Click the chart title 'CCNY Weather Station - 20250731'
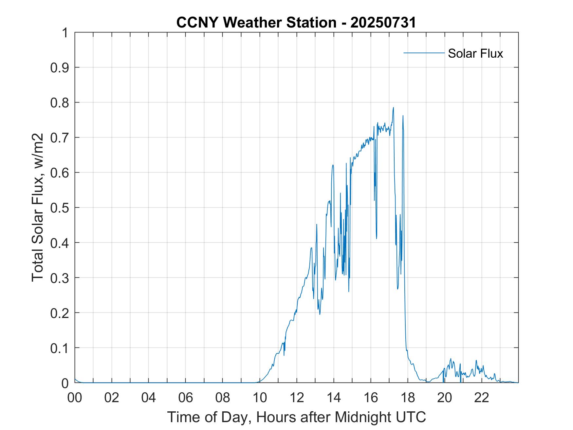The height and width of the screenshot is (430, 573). tap(296, 22)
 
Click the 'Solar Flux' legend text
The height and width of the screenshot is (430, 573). tap(475, 53)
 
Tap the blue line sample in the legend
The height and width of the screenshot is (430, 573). tap(424, 53)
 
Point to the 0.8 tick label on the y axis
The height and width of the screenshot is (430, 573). tap(60, 103)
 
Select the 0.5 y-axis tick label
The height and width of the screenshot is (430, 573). tap(60, 208)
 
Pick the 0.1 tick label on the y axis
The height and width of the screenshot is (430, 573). tap(60, 348)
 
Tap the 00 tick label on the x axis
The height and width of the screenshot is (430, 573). tap(75, 398)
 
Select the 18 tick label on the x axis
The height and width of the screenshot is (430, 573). tap(408, 398)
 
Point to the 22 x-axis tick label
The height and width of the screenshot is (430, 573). tap(482, 398)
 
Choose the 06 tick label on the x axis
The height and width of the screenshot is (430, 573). tap(186, 398)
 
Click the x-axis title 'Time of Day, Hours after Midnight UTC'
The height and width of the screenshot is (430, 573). tap(296, 417)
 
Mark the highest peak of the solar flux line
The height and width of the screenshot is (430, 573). tap(393, 107)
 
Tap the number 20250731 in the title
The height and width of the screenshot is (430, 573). tap(383, 22)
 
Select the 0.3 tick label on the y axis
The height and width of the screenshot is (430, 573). tap(60, 278)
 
